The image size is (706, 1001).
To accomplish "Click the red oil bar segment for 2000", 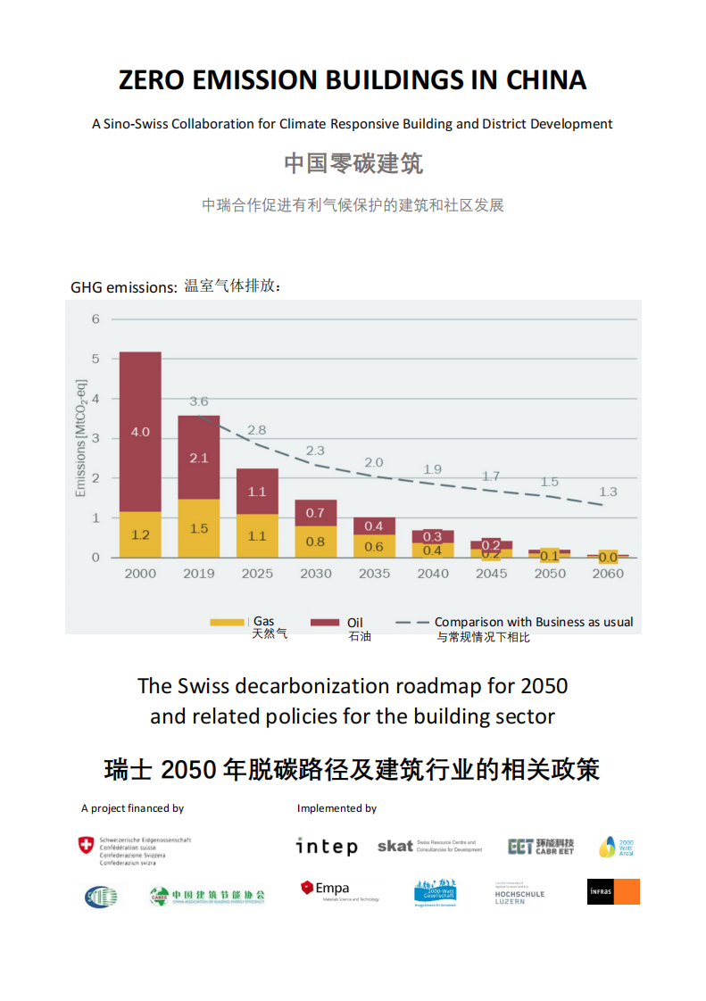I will click(x=140, y=432).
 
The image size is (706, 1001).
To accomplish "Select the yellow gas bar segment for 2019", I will click(x=198, y=528).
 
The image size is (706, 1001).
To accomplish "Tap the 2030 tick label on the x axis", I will click(x=315, y=574).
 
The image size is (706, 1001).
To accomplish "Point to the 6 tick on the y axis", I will click(x=96, y=318).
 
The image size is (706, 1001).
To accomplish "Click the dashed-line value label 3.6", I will click(x=198, y=402).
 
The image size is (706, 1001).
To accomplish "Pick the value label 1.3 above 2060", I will click(x=608, y=492).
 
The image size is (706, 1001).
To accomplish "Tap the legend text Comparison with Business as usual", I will click(x=533, y=622).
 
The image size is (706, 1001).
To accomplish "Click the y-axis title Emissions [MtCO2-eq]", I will click(x=81, y=439).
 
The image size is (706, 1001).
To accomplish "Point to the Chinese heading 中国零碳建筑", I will click(x=353, y=163).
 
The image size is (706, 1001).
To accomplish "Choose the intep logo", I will click(x=327, y=846).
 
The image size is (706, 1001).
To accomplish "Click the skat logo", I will click(x=395, y=846).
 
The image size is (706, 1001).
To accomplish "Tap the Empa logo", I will click(x=326, y=889).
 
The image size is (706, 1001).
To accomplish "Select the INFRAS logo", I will click(x=613, y=891).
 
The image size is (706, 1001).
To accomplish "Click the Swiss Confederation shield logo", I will click(x=86, y=845).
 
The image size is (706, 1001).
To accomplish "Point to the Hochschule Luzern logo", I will click(x=519, y=893).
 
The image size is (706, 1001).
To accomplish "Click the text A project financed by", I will click(x=132, y=808).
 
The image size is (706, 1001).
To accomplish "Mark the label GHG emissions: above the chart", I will click(x=124, y=287).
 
